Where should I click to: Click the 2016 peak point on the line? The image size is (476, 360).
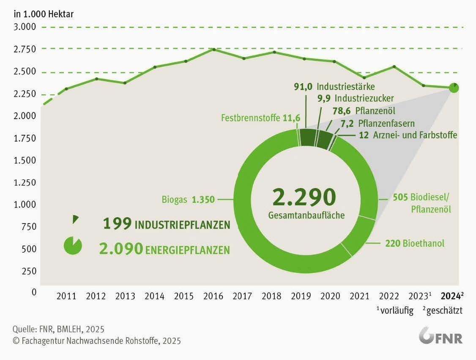[x=214, y=49]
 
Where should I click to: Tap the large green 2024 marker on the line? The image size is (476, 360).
[x=454, y=88]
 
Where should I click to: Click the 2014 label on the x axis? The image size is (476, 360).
[x=155, y=296]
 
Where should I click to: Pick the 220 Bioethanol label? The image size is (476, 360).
[x=415, y=243]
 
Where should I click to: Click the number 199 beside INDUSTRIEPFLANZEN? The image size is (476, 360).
[x=117, y=224]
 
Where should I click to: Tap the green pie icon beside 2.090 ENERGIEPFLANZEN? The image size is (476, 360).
[x=72, y=245]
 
